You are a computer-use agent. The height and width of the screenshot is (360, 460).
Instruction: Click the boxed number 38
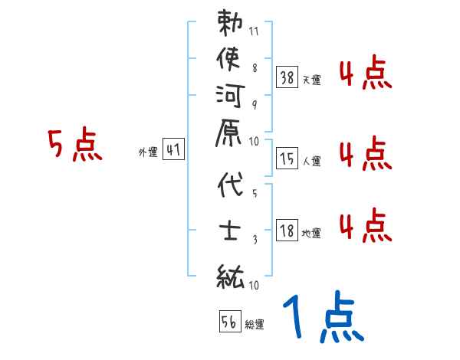(x=287, y=77)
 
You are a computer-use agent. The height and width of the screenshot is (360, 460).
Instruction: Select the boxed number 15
(x=287, y=159)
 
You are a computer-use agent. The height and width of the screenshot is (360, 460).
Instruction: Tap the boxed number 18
(x=287, y=230)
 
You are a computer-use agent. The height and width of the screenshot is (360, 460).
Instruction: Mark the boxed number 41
(x=173, y=151)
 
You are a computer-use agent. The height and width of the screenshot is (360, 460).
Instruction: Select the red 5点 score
(x=74, y=146)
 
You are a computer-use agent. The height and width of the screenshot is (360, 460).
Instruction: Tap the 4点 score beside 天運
(x=365, y=74)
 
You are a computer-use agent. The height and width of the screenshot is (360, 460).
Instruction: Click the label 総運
(x=255, y=325)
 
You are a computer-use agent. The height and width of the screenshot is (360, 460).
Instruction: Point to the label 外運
(x=147, y=152)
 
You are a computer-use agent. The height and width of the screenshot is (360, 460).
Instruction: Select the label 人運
(x=311, y=161)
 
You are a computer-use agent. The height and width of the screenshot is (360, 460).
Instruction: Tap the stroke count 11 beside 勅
(x=255, y=33)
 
